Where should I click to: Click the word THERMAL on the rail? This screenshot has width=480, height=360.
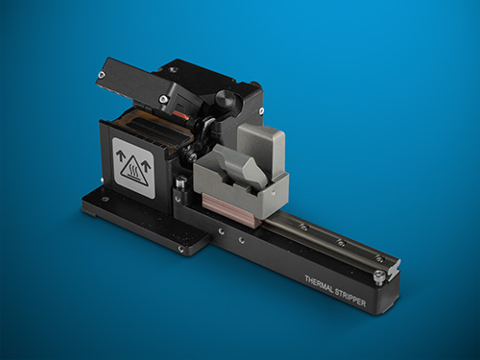pos(320,284)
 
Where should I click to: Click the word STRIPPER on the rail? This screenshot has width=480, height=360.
pos(350,298)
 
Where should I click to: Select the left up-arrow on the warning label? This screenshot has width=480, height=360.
pos(120,156)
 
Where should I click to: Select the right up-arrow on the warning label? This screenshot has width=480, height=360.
pos(146,166)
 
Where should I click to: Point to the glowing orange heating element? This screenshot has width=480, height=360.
pos(180,115)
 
